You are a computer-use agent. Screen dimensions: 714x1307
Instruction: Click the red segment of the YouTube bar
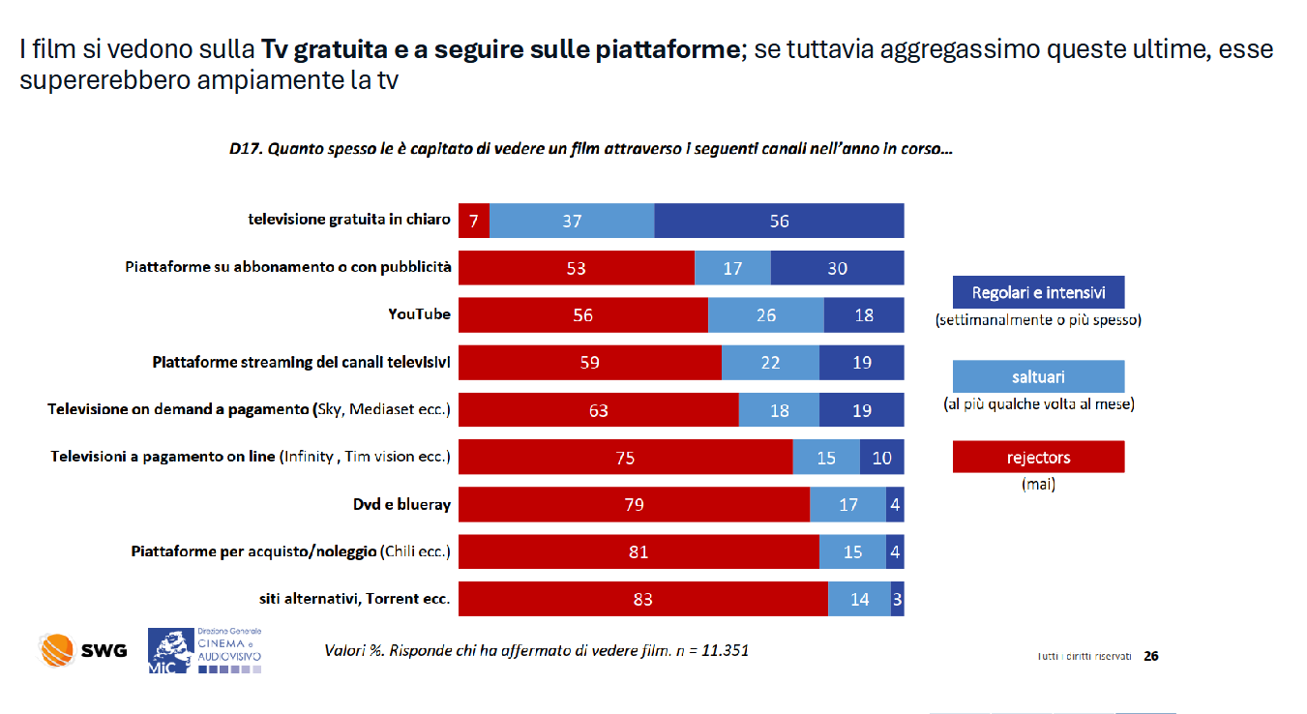click(x=582, y=315)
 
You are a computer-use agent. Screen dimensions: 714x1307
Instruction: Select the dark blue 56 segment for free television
click(x=779, y=221)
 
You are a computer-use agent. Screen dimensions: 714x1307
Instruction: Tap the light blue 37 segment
click(x=572, y=221)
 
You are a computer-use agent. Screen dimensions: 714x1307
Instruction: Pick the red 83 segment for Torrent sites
click(x=642, y=600)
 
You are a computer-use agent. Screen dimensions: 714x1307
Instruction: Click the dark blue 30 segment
click(x=837, y=268)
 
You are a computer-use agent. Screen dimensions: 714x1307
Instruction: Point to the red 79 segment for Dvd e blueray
click(x=634, y=505)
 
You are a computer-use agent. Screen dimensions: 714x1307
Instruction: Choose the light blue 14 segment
click(x=859, y=600)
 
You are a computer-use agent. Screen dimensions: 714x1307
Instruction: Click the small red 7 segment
click(x=474, y=221)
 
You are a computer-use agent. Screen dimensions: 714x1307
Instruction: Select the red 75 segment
click(x=625, y=458)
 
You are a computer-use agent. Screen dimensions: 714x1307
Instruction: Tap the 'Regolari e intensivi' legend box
click(x=1038, y=293)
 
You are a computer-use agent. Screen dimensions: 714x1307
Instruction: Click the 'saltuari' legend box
click(x=1038, y=376)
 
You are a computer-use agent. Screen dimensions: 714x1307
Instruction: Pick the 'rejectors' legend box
click(x=1038, y=458)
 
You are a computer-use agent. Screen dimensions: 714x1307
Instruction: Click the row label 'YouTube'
click(x=419, y=314)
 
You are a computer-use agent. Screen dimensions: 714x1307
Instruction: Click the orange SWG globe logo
click(x=57, y=650)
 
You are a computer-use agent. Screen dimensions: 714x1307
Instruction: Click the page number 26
click(x=1151, y=656)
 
